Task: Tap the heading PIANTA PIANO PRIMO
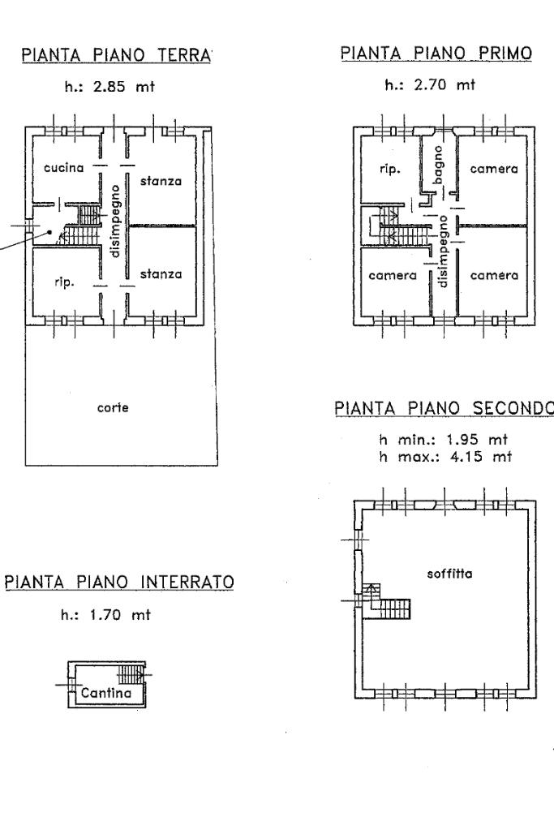tap(436, 54)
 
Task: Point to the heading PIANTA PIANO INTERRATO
tap(119, 583)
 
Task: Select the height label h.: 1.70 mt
tap(106, 616)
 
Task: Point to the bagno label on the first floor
tap(438, 165)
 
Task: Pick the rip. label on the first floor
tap(390, 170)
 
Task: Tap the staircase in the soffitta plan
tap(388, 604)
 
